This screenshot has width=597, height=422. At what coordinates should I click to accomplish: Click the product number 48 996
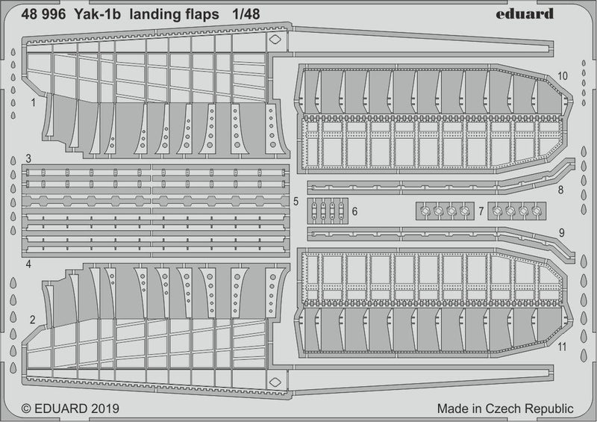click(x=46, y=13)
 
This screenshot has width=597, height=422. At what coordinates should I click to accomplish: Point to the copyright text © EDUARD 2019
click(x=72, y=409)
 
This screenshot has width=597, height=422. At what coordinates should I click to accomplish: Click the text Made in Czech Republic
click(x=505, y=409)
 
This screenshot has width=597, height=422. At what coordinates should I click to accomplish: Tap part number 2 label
click(x=33, y=320)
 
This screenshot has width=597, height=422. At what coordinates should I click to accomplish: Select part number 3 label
click(x=28, y=158)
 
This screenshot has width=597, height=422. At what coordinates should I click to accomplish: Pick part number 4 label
click(x=28, y=264)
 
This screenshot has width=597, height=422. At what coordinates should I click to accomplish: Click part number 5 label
click(x=296, y=202)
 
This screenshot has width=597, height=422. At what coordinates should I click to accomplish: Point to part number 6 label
click(x=354, y=212)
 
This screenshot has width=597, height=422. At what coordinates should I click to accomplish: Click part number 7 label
click(x=481, y=212)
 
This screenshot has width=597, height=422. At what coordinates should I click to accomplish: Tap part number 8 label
click(x=561, y=191)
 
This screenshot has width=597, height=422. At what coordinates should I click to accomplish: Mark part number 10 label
click(x=562, y=75)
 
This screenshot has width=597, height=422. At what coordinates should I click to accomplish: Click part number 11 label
click(x=562, y=347)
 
